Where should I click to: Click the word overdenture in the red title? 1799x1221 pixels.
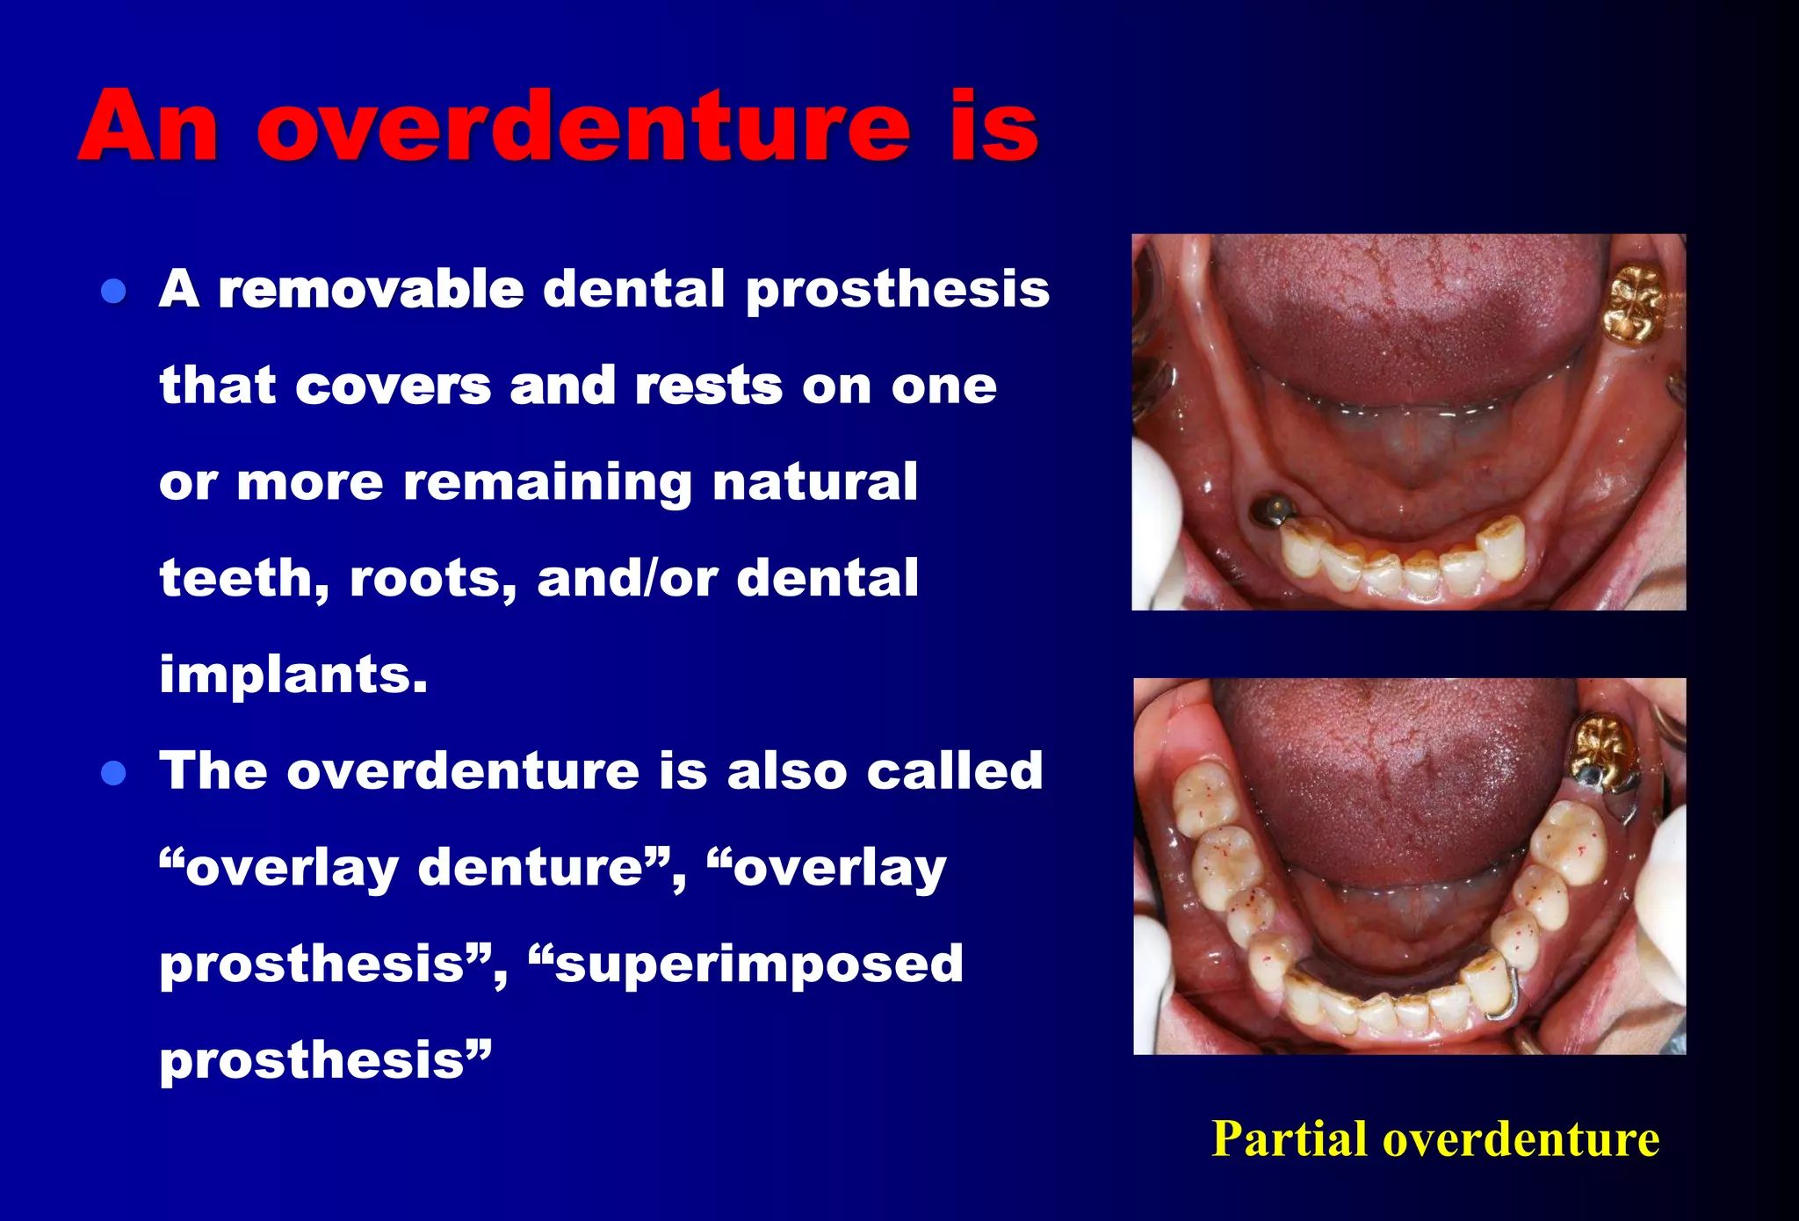pos(583,127)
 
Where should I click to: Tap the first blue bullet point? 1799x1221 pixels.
pos(114,291)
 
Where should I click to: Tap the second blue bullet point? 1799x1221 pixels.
pos(114,773)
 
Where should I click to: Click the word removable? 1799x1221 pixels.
pos(371,289)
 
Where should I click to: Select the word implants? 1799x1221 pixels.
pos(293,675)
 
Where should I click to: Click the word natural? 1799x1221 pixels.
pos(815,482)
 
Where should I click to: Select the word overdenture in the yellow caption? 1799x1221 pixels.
pos(1521,1139)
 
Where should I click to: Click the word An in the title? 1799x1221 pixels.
pos(148,127)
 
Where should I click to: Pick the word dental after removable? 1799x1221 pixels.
pos(634,289)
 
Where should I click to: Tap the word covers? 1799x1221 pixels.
pos(393,386)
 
